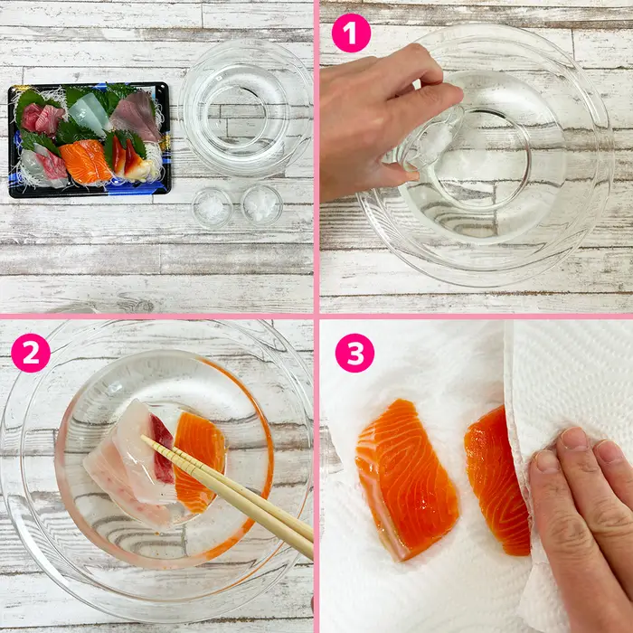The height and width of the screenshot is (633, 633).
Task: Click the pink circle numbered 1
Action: [351, 33]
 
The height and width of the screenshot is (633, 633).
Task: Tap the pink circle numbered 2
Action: [31, 353]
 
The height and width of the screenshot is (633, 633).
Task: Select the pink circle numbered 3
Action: [354, 353]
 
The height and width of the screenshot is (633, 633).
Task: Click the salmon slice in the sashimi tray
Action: [86, 161]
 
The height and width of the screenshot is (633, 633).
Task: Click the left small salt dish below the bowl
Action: [212, 208]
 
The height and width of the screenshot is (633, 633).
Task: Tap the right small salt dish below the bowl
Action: [261, 204]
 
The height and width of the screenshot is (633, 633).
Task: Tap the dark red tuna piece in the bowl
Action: [162, 449]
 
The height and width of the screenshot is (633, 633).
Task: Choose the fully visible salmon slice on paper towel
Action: [406, 478]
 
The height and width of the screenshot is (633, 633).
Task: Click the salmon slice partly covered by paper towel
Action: [496, 480]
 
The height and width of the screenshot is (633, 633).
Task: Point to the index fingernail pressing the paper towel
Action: [573, 439]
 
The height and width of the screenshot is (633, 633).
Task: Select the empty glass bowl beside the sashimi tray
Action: [245, 109]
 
